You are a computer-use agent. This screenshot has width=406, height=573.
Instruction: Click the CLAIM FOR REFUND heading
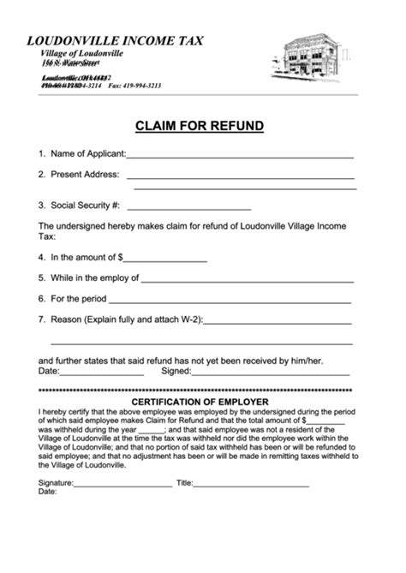(x=199, y=126)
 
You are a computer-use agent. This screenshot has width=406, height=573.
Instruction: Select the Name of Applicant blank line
(x=240, y=156)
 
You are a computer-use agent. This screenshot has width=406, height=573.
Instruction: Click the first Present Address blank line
(x=240, y=176)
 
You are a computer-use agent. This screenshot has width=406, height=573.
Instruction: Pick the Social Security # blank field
(x=188, y=208)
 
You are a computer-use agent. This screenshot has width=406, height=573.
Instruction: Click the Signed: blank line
(x=270, y=373)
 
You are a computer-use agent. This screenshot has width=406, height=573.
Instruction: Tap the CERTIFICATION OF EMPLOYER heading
(x=200, y=402)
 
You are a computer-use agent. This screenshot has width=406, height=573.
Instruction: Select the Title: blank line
(x=252, y=485)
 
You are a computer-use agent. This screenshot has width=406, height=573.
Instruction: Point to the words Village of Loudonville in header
(x=81, y=53)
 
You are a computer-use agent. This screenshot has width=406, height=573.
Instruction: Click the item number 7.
(x=41, y=319)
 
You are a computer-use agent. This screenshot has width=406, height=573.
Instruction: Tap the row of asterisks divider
(x=199, y=391)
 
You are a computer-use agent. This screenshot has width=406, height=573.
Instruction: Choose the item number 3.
(x=41, y=206)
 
